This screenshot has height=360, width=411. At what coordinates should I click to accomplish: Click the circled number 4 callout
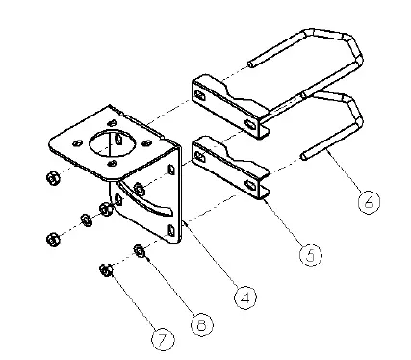pyautogui.click(x=246, y=298)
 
